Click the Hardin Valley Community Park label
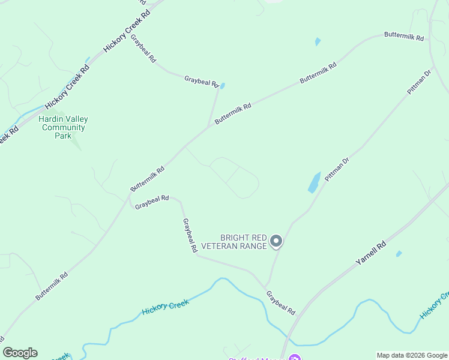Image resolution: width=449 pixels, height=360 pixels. (x=62, y=127)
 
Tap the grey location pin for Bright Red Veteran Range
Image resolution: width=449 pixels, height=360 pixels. (x=276, y=241)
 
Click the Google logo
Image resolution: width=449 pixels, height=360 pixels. (x=20, y=353)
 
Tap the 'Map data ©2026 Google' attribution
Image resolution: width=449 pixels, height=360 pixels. (x=412, y=355)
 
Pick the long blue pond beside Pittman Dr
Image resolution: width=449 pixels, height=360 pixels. (x=314, y=182)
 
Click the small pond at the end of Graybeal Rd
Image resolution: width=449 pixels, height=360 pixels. (x=223, y=86)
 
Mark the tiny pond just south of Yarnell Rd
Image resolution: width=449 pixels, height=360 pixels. (x=399, y=254)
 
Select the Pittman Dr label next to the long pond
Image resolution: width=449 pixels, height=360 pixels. (x=337, y=169)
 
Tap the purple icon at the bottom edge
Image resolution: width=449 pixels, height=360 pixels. (x=294, y=358)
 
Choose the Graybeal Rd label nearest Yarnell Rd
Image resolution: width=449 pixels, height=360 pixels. (x=281, y=303)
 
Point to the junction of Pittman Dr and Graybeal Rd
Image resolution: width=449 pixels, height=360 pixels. (x=266, y=285)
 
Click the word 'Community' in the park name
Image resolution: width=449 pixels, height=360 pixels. (x=62, y=127)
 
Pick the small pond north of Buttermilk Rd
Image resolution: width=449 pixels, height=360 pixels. (x=318, y=42)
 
